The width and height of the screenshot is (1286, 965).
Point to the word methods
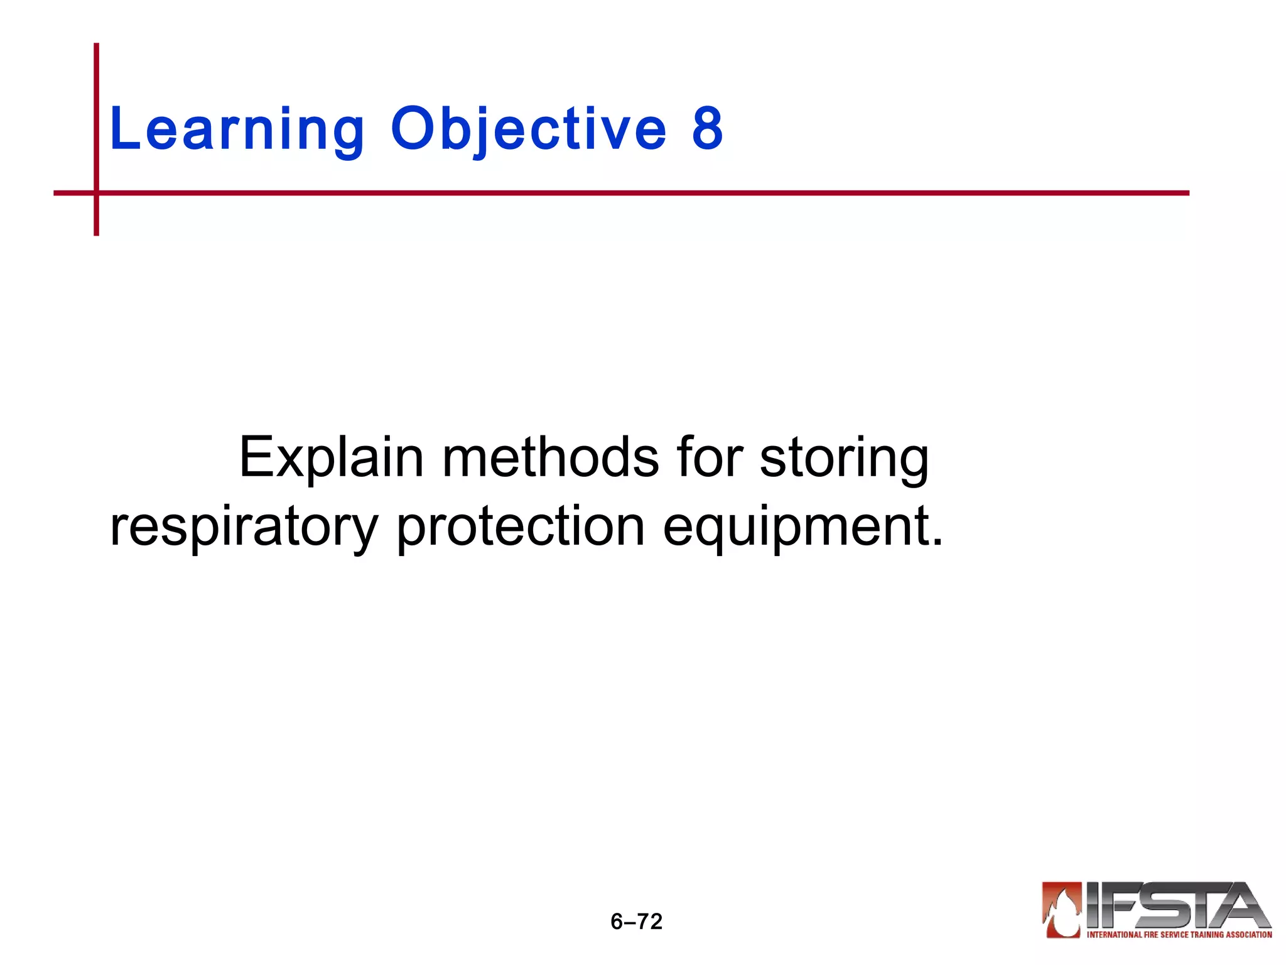(x=551, y=457)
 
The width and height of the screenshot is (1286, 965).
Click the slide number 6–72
(x=636, y=922)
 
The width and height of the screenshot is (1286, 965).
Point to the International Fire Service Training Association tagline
(x=1179, y=935)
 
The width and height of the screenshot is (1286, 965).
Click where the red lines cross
(x=96, y=193)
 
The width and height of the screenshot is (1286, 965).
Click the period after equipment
(x=937, y=542)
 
